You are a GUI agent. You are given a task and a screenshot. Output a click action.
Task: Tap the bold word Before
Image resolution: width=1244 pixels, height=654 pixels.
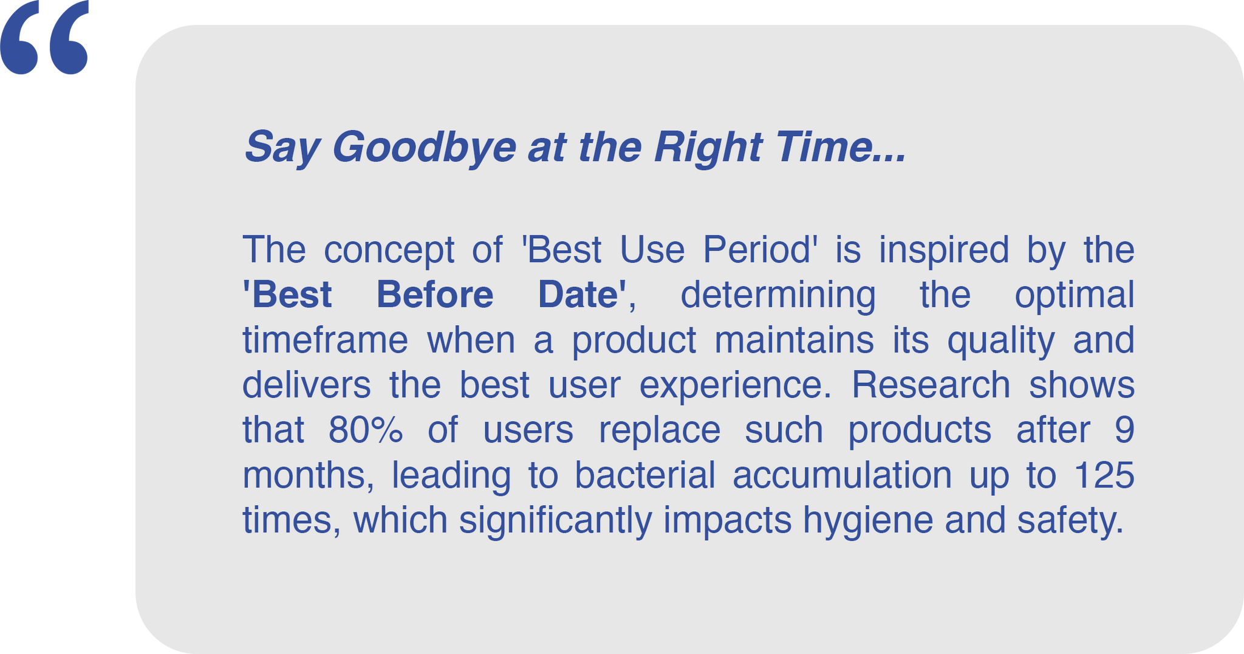[x=435, y=294]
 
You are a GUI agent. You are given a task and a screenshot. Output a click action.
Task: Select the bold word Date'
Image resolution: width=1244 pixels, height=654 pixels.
[x=582, y=294]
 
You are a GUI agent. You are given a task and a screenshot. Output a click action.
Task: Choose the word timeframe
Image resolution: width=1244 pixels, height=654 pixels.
[x=325, y=339]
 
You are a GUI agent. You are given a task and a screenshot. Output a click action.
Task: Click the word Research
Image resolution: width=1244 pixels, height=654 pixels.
[x=931, y=384]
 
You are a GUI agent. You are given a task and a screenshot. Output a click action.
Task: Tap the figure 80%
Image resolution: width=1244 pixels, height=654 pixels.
[x=366, y=429]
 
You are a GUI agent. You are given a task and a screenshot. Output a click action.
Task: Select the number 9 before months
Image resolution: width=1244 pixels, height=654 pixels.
[x=1125, y=429]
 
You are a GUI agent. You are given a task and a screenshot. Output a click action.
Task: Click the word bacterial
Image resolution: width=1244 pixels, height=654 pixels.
[x=645, y=474]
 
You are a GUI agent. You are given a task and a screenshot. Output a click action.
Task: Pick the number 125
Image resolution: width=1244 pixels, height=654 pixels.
[x=1104, y=474]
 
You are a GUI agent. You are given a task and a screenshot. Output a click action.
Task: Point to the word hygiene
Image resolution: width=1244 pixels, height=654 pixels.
[x=868, y=521]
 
